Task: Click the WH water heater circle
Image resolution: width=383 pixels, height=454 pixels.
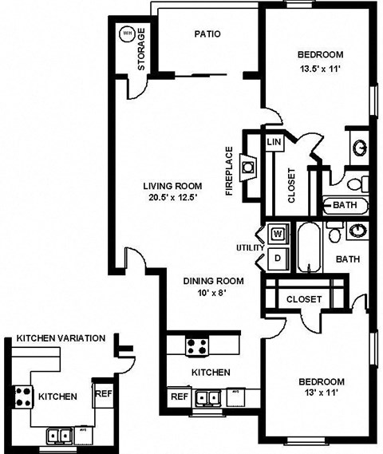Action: click(x=127, y=34)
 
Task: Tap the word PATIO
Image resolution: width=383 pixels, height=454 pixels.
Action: click(x=207, y=34)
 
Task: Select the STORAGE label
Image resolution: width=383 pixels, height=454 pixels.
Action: click(x=142, y=49)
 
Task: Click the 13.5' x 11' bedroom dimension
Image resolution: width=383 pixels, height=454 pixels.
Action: click(x=320, y=69)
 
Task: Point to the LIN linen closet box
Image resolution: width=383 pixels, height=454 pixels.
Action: click(x=274, y=142)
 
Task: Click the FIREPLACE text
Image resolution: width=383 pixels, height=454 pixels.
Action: click(x=229, y=171)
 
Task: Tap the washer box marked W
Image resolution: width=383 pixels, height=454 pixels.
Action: click(x=278, y=234)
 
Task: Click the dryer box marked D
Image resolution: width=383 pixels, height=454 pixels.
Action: click(x=278, y=257)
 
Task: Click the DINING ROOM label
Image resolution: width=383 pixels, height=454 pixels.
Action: click(x=213, y=281)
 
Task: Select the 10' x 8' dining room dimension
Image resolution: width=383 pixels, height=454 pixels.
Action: click(x=212, y=294)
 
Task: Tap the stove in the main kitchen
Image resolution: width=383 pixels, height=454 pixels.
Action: click(x=196, y=346)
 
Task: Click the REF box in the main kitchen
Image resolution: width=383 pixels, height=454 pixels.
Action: click(x=179, y=397)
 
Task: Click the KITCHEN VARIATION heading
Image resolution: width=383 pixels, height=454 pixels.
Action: click(x=61, y=338)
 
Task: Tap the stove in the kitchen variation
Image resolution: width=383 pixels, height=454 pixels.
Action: click(x=22, y=397)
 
